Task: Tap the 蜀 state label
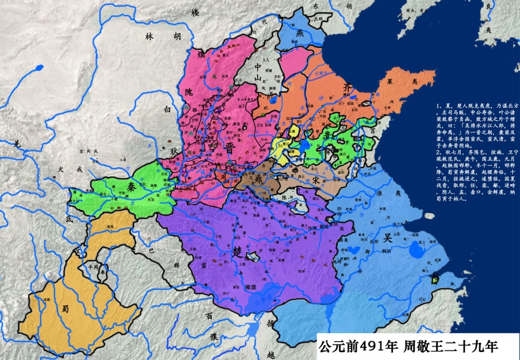click(x=65, y=308)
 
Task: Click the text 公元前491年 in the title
click(x=358, y=347)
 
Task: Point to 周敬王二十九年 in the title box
click(x=451, y=347)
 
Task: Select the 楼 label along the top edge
click(x=195, y=12)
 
